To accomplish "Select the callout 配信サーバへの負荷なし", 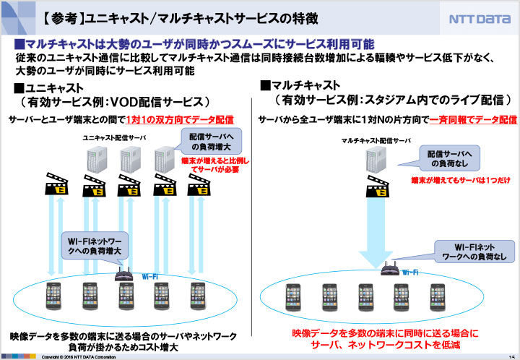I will (x=448, y=158).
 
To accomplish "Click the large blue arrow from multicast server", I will (x=376, y=224).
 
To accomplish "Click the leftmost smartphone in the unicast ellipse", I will (x=52, y=295).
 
